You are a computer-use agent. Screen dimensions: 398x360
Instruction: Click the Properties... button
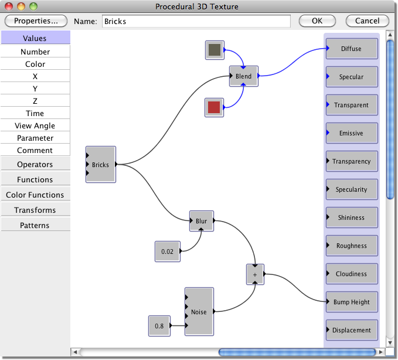(36, 21)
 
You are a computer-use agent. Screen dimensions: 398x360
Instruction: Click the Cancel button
(367, 21)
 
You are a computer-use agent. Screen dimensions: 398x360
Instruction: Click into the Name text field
(196, 21)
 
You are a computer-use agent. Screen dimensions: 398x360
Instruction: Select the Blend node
(244, 76)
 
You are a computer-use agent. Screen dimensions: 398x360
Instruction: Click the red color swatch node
(214, 107)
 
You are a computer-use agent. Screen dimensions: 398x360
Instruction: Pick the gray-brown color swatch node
(215, 50)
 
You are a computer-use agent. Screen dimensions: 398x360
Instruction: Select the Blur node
(202, 221)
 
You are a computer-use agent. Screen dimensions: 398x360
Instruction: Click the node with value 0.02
(168, 252)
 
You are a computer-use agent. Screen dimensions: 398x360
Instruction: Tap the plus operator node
(255, 274)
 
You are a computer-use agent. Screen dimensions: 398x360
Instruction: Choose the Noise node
(199, 311)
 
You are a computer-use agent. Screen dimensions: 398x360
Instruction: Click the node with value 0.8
(159, 326)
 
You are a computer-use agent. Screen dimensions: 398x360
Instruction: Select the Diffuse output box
(352, 49)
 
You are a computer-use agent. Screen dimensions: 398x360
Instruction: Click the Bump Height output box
(352, 302)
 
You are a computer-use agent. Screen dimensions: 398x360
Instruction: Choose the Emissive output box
(352, 133)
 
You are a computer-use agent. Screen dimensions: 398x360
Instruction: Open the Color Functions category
(35, 195)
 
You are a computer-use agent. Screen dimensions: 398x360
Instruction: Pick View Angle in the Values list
(35, 125)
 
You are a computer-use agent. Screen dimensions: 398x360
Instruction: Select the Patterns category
(35, 225)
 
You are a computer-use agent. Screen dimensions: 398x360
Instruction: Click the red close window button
(9, 6)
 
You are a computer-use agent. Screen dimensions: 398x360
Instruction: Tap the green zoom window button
(33, 6)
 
